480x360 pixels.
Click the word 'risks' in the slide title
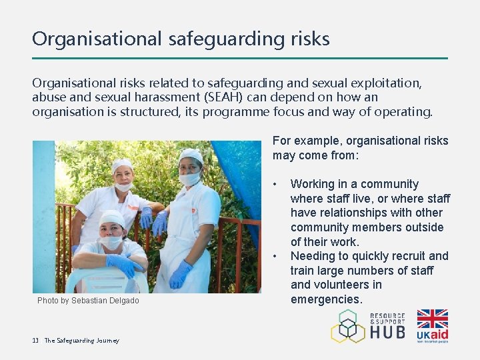pyautogui.click(x=309, y=39)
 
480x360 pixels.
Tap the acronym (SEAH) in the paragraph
pyautogui.click(x=230, y=97)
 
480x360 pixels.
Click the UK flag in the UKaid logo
pyautogui.click(x=432, y=319)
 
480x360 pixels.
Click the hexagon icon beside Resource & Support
pyautogui.click(x=349, y=326)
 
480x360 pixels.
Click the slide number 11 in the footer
pyautogui.click(x=35, y=341)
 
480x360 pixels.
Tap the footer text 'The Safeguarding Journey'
pyautogui.click(x=82, y=341)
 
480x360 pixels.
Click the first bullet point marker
pyautogui.click(x=276, y=184)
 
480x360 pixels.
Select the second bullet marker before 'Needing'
pyautogui.click(x=276, y=256)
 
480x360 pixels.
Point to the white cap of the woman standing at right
pyautogui.click(x=191, y=155)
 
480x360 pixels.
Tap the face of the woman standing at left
pyautogui.click(x=123, y=177)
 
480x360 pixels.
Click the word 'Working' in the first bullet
pyautogui.click(x=313, y=184)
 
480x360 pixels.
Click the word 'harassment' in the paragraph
pyautogui.click(x=169, y=97)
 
